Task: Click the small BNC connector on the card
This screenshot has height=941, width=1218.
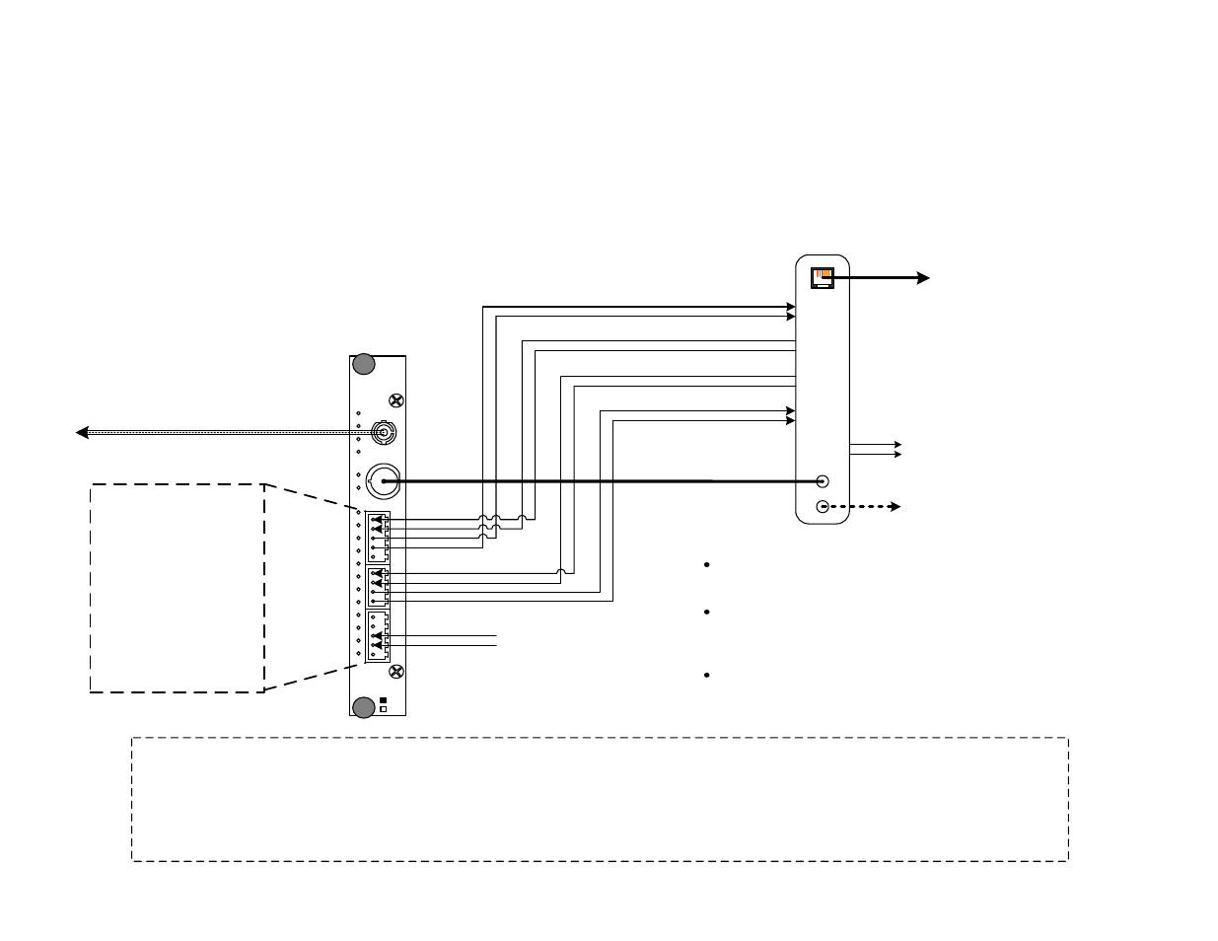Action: click(x=382, y=431)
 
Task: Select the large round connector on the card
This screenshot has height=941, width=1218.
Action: click(x=382, y=481)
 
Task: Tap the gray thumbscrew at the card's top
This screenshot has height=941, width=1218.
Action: click(x=364, y=364)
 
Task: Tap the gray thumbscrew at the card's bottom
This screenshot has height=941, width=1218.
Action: click(x=364, y=706)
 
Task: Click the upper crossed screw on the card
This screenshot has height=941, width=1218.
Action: click(x=396, y=400)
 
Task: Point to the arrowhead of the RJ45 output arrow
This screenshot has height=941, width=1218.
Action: click(x=923, y=278)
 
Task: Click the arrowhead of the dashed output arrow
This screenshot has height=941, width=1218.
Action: click(x=896, y=506)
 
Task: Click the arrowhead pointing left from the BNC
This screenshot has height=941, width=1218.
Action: click(x=82, y=432)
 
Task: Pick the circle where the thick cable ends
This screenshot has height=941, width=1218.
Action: click(x=824, y=481)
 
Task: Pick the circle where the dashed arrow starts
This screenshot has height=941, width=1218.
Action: click(x=824, y=506)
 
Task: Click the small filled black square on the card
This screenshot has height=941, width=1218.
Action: click(x=384, y=699)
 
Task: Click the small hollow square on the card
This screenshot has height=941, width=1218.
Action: click(x=384, y=708)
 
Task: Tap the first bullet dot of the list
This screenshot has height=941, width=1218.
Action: click(x=708, y=564)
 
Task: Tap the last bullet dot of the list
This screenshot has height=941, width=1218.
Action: click(x=708, y=675)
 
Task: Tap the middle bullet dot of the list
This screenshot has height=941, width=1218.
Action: click(x=708, y=613)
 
